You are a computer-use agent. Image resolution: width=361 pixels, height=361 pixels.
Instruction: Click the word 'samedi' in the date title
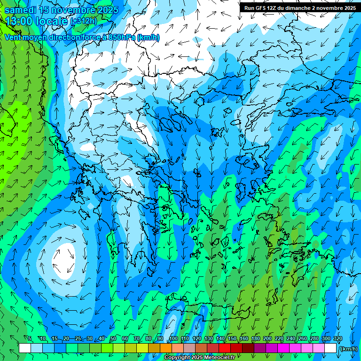tap(20, 10)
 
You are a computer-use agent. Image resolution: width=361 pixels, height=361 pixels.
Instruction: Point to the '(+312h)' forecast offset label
tap(83, 21)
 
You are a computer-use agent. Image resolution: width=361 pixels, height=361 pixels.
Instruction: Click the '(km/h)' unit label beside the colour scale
tap(348, 348)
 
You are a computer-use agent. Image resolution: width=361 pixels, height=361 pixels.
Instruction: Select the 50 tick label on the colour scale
tap(113, 339)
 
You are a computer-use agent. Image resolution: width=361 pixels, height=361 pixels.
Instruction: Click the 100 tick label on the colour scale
tap(173, 339)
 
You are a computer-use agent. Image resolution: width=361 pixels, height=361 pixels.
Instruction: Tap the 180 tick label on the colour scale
tap(256, 339)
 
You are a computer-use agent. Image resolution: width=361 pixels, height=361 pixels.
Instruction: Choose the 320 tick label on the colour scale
tap(338, 339)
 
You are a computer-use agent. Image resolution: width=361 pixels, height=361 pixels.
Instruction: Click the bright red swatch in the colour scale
tap(225, 348)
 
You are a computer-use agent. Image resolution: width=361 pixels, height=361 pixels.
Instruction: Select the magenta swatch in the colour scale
tap(283, 348)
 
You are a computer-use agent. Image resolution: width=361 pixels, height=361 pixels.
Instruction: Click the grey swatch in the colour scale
tap(189, 348)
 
